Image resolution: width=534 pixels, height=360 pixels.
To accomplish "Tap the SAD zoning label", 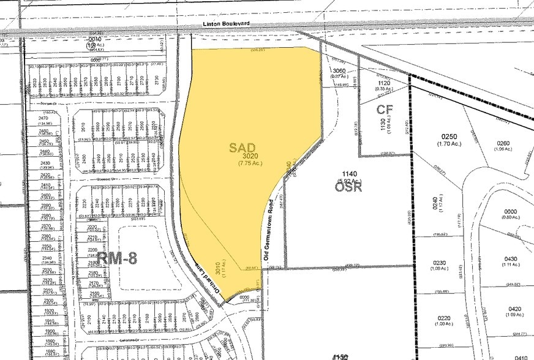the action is (x=243, y=148).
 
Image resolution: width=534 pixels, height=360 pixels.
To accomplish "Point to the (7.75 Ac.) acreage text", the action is (x=250, y=164).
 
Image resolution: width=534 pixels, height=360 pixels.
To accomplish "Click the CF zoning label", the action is (x=384, y=110).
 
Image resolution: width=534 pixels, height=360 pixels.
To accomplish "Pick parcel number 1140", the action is (x=350, y=174).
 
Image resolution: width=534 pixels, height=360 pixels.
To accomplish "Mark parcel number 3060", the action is (x=340, y=71).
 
